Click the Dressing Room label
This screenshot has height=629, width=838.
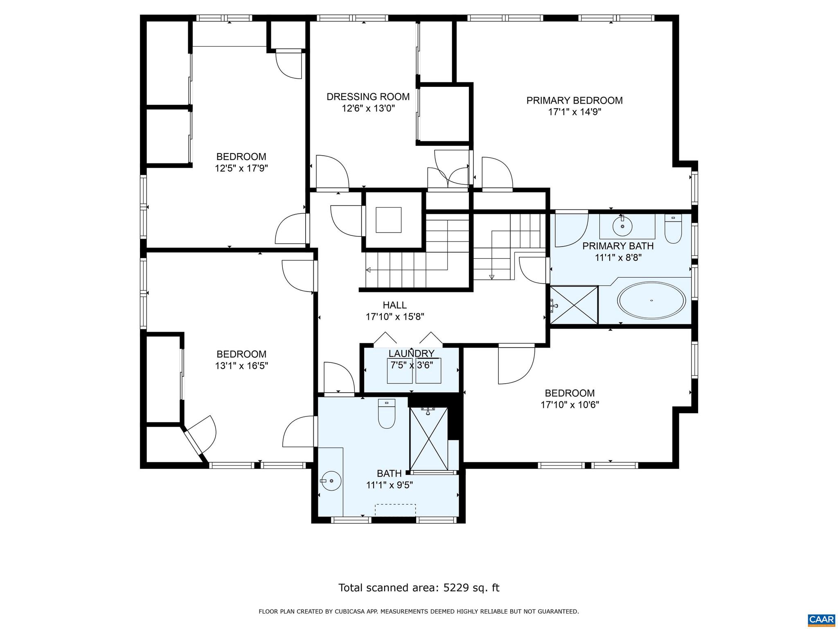click(368, 97)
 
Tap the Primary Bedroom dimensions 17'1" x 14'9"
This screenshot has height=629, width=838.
click(574, 112)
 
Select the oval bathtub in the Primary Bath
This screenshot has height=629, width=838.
click(651, 301)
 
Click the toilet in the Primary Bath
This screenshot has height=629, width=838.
click(673, 230)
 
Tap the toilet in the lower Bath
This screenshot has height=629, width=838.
click(386, 414)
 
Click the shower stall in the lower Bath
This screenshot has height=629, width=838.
click(429, 439)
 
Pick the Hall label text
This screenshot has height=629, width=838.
click(394, 305)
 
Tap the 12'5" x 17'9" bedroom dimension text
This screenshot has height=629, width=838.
click(241, 168)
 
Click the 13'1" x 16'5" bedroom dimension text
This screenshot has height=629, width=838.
click(241, 366)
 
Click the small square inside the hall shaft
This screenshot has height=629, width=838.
click(388, 220)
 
